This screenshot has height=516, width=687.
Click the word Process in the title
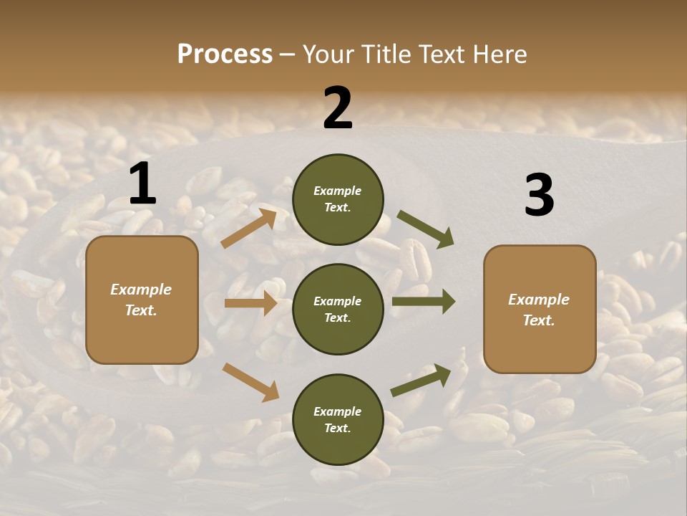[225, 54]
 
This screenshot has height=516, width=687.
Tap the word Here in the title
[500, 54]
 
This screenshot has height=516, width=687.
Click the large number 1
[142, 184]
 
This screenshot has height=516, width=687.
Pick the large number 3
[539, 196]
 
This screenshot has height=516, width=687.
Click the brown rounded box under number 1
[142, 300]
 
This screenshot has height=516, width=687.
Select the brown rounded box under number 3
[540, 309]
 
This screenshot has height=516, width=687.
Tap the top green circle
[338, 199]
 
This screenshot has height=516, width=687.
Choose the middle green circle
[338, 309]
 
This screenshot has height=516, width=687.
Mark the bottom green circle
[338, 419]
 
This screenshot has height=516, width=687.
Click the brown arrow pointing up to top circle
[249, 228]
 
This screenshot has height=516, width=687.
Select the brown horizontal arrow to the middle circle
[250, 303]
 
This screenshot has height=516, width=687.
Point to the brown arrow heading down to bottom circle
[250, 382]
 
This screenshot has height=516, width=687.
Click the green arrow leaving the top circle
[426, 229]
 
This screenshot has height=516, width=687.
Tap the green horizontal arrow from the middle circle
[423, 302]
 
